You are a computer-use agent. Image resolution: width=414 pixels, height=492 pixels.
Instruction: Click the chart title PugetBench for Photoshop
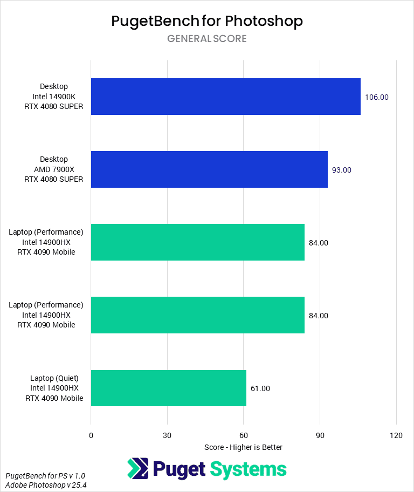(207, 21)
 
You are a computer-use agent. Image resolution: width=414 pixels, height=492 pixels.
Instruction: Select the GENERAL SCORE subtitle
(207, 39)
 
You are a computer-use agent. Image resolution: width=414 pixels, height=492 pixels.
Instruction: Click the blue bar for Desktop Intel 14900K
(225, 97)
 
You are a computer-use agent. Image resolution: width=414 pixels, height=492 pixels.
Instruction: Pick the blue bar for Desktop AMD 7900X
(209, 169)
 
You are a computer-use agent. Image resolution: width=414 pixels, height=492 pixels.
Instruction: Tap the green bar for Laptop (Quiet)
(168, 388)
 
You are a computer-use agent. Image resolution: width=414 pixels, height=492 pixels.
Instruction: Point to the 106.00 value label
(376, 98)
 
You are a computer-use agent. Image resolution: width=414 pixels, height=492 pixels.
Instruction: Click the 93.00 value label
(341, 170)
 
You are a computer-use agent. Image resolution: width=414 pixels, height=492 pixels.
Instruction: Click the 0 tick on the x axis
(91, 435)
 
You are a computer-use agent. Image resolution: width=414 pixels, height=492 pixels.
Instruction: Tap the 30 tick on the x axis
(167, 435)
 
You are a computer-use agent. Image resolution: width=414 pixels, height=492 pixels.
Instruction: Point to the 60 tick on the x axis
(244, 435)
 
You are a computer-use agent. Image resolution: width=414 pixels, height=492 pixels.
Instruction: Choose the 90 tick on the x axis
(320, 435)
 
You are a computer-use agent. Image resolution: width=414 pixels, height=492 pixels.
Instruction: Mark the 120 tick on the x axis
(396, 435)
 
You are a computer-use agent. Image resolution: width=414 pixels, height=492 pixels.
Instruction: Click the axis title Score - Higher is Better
(244, 447)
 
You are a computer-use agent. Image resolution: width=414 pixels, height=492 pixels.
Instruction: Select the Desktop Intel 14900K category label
(54, 97)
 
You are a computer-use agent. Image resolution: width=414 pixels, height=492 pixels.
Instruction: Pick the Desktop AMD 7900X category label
(54, 169)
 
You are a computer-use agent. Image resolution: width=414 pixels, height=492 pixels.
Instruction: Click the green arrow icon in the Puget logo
(137, 468)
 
